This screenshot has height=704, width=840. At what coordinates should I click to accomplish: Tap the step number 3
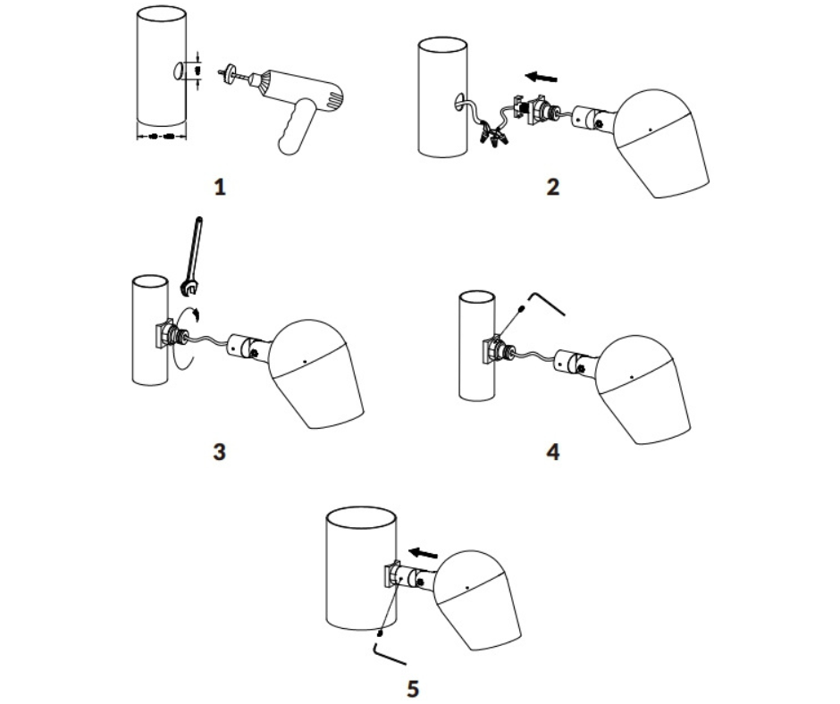coord(220,450)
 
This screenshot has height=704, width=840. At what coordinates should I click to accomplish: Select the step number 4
coord(552,450)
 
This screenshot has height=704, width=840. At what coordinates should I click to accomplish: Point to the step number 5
coord(412,688)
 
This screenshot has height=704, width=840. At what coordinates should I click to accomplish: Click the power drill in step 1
coord(304,98)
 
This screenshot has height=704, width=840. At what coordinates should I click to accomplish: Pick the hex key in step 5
coord(390,652)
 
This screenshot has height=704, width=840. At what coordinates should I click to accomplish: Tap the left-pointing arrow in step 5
coord(423,552)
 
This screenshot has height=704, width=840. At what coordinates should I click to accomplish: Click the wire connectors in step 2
coord(495,137)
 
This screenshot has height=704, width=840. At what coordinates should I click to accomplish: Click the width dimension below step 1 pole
coord(160,137)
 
